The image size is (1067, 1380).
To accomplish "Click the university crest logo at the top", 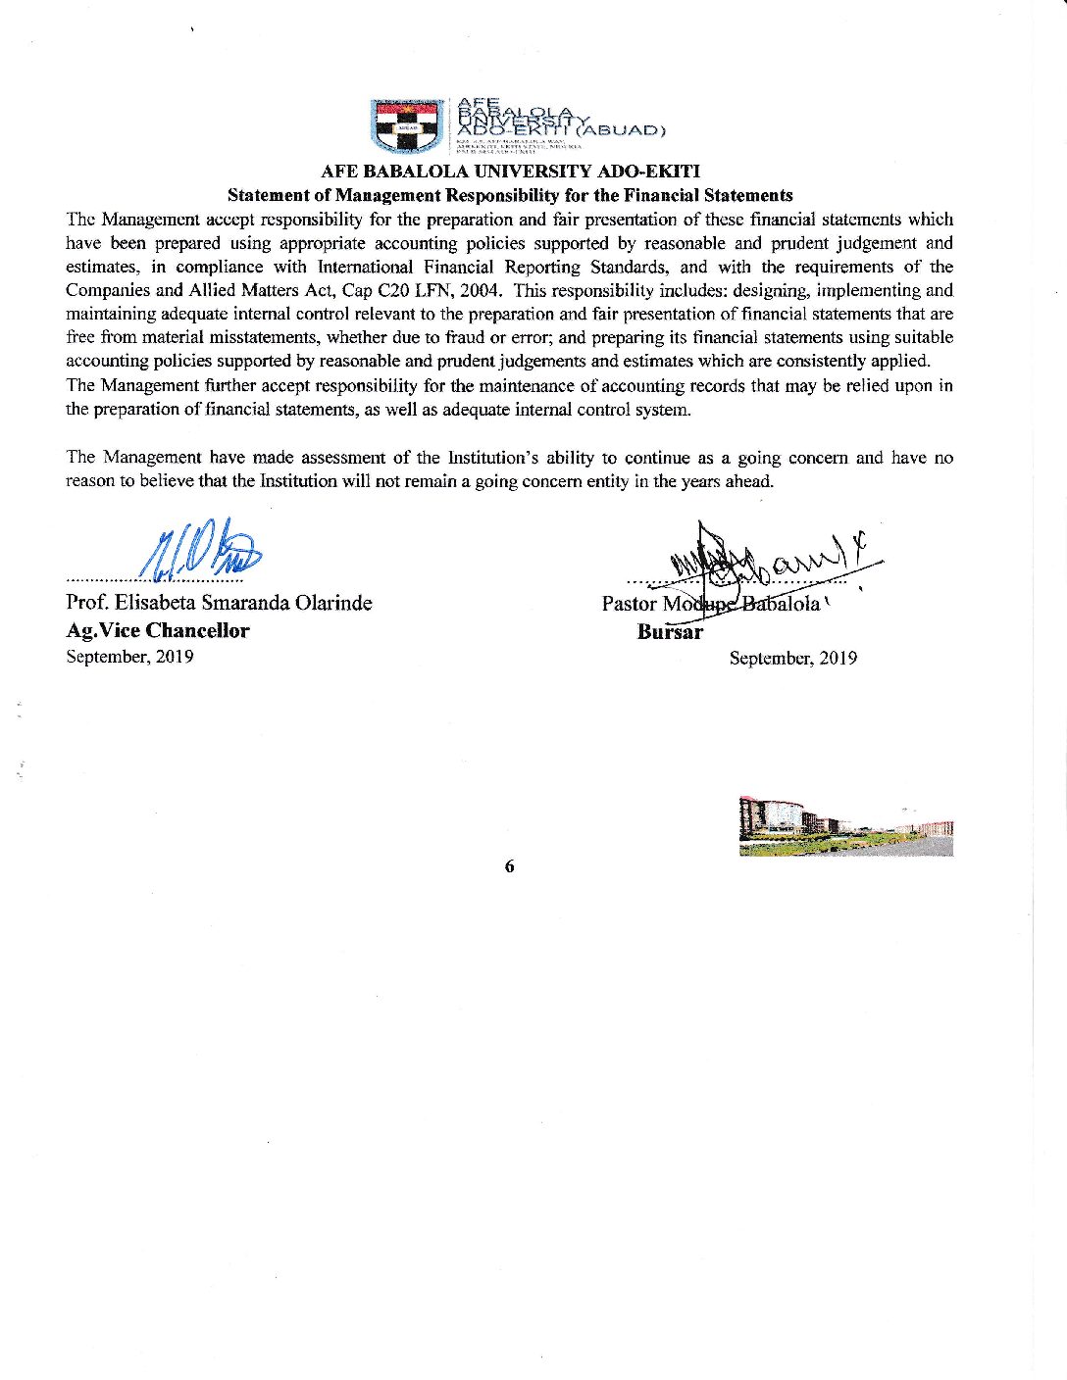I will (x=408, y=125).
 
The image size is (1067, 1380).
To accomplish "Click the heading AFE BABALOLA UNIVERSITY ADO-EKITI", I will (x=511, y=173).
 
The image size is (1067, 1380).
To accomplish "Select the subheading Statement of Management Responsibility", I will (x=510, y=196).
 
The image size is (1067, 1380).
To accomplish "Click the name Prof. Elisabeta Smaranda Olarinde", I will (x=219, y=603).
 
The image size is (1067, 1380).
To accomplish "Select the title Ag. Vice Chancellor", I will (x=157, y=631).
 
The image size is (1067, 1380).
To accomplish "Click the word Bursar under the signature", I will (x=670, y=632).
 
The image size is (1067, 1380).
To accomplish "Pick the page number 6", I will (x=509, y=866).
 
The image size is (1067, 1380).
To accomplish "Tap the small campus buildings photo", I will (x=846, y=827).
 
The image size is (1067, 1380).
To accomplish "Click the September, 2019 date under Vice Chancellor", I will (x=129, y=657).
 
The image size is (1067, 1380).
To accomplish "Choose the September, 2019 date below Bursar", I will (x=792, y=659).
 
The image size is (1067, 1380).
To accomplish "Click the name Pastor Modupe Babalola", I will (x=710, y=604).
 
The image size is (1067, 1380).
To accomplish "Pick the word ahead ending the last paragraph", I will (x=749, y=481).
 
